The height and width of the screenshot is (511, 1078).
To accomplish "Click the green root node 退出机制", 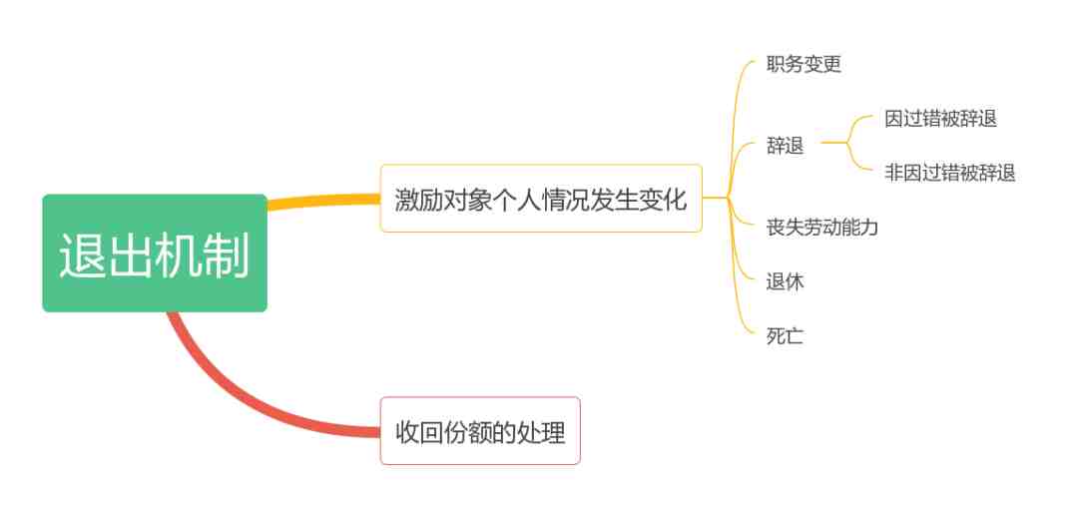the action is [155, 254].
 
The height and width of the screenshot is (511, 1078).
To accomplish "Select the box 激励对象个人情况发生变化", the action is [541, 198].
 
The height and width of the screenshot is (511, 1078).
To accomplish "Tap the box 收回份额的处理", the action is [480, 430].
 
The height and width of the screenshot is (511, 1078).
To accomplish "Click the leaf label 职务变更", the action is [804, 65].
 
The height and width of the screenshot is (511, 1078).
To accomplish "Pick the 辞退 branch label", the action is [786, 146].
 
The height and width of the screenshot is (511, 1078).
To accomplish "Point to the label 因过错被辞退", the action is [940, 119].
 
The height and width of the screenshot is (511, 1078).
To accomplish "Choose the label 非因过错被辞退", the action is [949, 173].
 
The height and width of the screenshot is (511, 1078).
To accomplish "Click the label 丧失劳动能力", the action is [822, 227].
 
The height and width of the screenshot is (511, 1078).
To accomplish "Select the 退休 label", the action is [786, 282].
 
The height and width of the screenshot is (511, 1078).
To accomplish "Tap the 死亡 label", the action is [786, 336].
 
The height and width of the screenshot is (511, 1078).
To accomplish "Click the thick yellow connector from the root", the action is [323, 201].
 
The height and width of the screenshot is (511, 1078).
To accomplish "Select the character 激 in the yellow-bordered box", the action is [407, 200].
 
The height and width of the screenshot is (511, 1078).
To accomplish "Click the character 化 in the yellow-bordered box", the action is [675, 200].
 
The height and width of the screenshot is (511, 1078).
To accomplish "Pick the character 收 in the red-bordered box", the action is [408, 432].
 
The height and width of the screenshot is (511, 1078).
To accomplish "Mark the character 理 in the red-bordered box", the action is [553, 432].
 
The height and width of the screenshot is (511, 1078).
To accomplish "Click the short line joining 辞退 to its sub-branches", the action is [833, 143].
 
